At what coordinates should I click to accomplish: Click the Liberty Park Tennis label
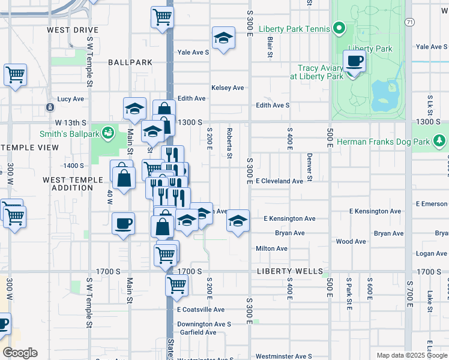294,29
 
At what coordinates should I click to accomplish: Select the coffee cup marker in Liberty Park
354,61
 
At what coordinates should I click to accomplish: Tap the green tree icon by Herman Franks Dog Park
440,141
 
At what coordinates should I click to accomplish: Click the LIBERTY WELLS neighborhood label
282,272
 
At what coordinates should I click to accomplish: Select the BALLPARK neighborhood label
130,62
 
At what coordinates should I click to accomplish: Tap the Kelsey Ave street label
228,88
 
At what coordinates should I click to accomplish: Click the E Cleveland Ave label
279,181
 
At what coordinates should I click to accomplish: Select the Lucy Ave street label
70,99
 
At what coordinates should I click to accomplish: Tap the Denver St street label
310,166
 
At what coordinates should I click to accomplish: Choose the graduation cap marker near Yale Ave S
223,40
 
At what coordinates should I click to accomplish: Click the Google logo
20,353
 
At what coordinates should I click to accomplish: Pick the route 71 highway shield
408,22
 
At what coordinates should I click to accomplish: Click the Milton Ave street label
271,248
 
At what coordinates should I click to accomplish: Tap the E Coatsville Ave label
200,310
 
